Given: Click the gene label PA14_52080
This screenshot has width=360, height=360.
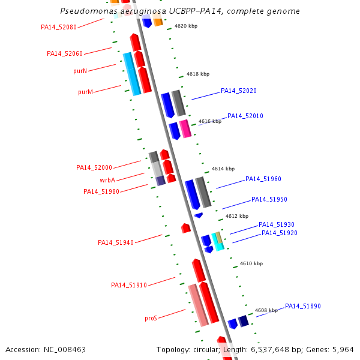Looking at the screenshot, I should [x=59, y=27].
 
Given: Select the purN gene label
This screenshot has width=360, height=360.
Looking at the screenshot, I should [x=80, y=71].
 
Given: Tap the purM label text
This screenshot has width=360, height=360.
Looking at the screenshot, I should [x=85, y=92].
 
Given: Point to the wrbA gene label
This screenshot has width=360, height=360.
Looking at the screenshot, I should [x=107, y=180].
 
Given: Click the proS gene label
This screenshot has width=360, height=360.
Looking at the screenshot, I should [x=151, y=318].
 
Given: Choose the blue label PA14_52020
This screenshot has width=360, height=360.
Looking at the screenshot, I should [x=239, y=91].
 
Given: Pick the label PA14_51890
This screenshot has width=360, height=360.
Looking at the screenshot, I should [x=303, y=306].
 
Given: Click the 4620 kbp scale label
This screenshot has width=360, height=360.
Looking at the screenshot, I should [x=186, y=26].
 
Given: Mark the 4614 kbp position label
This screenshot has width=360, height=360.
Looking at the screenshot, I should [x=223, y=169].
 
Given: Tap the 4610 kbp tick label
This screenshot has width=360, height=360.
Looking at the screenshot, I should [x=251, y=263].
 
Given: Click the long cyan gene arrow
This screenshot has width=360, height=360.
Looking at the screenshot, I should [x=132, y=74].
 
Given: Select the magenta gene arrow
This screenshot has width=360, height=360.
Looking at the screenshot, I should [x=185, y=128].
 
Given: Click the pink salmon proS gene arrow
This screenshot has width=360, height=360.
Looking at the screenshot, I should [x=198, y=305].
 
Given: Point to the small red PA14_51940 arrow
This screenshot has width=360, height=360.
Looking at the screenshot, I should [x=186, y=228].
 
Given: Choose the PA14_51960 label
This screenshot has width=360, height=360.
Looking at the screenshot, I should [x=263, y=179].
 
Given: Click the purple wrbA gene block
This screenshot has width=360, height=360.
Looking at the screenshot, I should [x=160, y=181].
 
